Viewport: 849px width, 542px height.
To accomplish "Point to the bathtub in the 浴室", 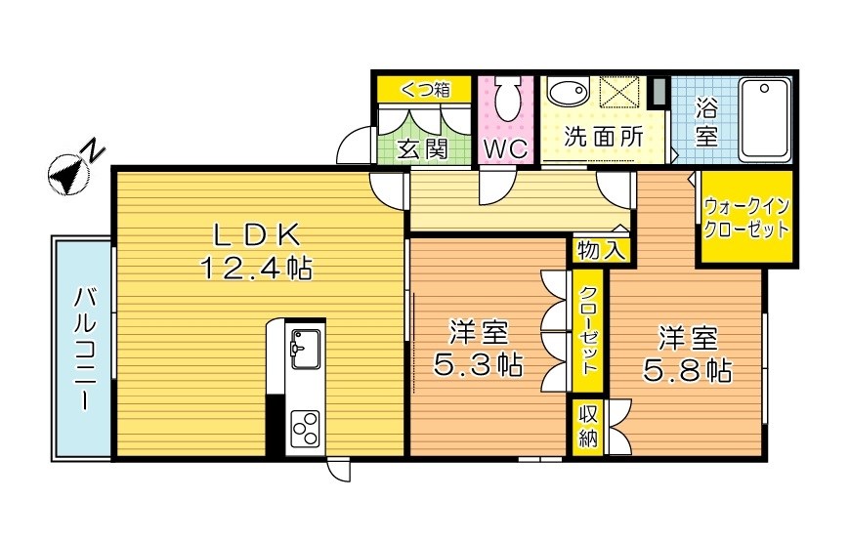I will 764,119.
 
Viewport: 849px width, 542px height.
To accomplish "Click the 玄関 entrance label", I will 422,149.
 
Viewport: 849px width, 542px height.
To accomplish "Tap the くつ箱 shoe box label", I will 424,90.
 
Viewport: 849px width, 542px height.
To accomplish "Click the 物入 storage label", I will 600,249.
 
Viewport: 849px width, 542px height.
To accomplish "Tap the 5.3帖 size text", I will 478,366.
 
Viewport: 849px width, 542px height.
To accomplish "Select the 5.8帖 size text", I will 687,370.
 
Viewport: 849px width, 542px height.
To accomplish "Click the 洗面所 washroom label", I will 605,138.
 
